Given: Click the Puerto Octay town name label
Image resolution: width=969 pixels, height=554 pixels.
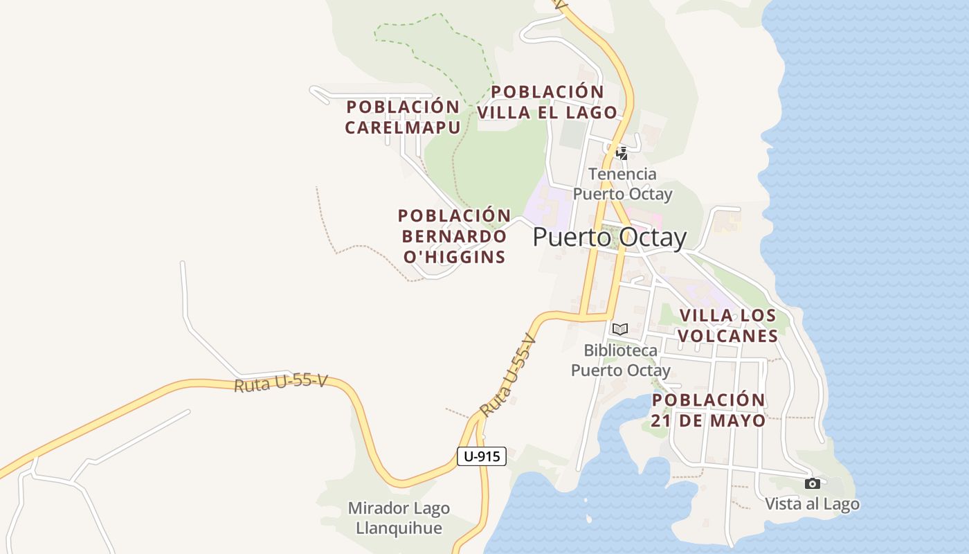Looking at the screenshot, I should [609, 238].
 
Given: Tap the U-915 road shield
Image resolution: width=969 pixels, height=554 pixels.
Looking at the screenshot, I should [482, 456].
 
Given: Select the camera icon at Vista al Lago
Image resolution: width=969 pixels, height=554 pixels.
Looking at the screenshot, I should [813, 483].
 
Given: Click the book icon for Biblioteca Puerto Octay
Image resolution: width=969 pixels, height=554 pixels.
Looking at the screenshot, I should [620, 329].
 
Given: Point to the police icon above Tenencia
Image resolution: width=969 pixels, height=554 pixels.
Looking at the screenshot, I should [622, 153].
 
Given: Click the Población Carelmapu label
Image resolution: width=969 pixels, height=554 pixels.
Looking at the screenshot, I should [402, 117].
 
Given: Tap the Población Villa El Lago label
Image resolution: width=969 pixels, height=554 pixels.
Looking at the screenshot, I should [547, 102].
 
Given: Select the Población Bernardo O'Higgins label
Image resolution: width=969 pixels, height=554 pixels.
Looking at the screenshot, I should [454, 236].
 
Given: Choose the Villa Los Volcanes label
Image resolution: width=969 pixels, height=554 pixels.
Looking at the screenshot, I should [727, 325].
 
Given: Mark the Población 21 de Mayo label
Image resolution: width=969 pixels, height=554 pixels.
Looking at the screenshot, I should [709, 410].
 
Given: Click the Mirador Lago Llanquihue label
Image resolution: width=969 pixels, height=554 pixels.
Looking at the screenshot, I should [399, 518].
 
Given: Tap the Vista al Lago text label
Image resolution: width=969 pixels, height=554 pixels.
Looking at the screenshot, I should [813, 504].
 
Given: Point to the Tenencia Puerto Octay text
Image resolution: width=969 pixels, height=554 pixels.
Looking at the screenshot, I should [622, 184].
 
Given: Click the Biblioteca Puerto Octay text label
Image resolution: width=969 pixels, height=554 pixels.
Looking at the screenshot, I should [620, 360].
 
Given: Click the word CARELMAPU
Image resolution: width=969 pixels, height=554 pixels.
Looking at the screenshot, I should [402, 127].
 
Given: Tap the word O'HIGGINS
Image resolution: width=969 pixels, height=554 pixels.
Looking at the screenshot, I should [454, 257].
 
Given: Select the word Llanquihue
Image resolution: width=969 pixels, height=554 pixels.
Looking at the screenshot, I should [399, 528].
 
